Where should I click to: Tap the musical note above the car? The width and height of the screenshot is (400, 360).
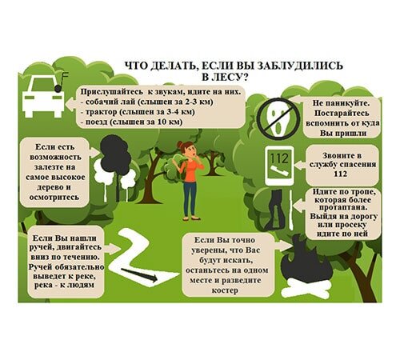point(60,82)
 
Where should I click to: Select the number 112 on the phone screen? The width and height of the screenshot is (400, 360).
point(279,158)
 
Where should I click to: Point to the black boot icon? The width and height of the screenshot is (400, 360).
point(275,210)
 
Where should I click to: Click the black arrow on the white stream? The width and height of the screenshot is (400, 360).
point(138,275)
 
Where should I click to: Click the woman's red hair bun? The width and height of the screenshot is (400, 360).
point(180,144)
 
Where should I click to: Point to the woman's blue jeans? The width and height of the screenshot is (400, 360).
point(190,199)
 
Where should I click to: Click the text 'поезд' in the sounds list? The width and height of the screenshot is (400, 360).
point(95,122)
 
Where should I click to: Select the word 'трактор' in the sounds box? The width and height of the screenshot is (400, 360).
point(101,112)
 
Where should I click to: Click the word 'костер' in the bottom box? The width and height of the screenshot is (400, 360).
point(225,290)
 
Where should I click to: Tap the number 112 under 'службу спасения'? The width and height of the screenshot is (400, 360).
point(341,174)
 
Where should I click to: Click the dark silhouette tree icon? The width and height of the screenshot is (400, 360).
point(115,155)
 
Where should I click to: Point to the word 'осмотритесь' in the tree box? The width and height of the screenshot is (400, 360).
point(54,198)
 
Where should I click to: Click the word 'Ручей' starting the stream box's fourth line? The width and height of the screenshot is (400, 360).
point(41,267)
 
